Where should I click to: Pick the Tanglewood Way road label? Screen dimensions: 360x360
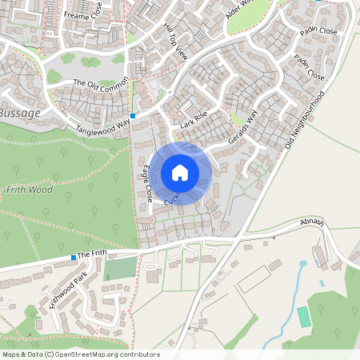[x=102, y=122]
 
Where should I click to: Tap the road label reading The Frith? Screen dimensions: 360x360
[x=92, y=253]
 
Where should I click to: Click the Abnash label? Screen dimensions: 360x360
[x=313, y=222]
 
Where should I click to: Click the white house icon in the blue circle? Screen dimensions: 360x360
[x=180, y=173]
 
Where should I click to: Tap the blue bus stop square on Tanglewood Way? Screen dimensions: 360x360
[x=133, y=116]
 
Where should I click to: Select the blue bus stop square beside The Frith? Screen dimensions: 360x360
[x=74, y=257]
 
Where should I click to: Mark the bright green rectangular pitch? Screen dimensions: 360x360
[x=304, y=317]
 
